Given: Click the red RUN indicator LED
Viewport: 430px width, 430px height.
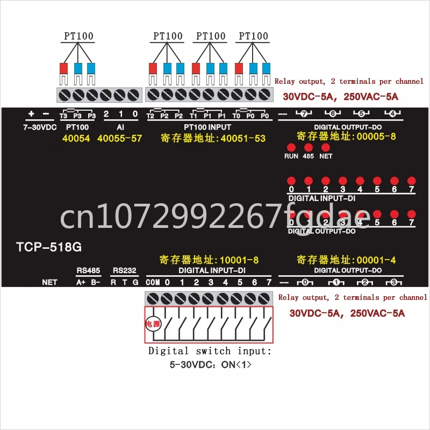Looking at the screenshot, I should click(291, 147).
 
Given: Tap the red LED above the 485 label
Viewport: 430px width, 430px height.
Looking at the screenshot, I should click(309, 147).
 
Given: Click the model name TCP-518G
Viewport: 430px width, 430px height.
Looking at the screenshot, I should click(48, 248).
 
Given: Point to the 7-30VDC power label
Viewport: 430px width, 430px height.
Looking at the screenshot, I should click(39, 127).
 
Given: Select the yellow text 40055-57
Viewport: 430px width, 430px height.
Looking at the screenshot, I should click(119, 138).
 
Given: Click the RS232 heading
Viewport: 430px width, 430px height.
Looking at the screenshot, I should click(124, 270).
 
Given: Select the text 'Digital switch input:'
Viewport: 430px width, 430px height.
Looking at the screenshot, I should click(210, 351).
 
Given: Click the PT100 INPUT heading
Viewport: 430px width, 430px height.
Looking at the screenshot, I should click(207, 127).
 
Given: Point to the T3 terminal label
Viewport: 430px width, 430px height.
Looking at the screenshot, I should click(63, 117).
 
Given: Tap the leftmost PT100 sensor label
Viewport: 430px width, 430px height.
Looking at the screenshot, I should click(78, 37).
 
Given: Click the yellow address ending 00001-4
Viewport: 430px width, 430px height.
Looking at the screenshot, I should click(347, 260).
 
